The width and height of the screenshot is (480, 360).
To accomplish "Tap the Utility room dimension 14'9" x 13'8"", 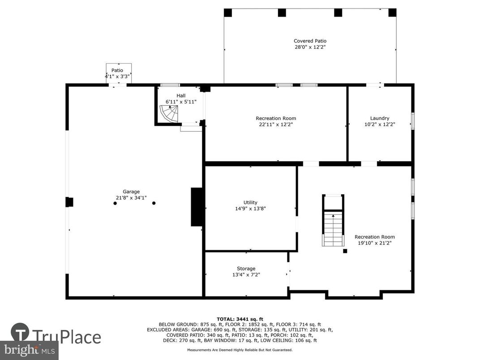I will pos(250,208).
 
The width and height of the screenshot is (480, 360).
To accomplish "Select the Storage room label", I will pos(246,269).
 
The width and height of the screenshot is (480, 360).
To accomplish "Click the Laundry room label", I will pos(380,118).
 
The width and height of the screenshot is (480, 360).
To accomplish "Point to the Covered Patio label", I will pos(310,41).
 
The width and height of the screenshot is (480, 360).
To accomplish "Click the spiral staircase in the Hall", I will pos(169,114).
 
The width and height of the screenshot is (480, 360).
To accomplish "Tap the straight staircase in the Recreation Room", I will pos(334,228).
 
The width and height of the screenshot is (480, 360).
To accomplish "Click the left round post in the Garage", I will pos(115,203).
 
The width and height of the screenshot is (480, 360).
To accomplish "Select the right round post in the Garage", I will pos(154,203).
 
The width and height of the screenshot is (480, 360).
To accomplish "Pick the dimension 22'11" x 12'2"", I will pos(276,124).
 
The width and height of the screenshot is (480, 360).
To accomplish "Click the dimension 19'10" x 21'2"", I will pos(375,243).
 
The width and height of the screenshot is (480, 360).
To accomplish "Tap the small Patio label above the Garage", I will pos(117,70).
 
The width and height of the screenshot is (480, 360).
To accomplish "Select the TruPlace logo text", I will pos(67,336).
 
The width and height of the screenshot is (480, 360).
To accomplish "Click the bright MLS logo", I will pos(29,348).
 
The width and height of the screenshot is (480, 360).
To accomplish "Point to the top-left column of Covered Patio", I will pos(228,13).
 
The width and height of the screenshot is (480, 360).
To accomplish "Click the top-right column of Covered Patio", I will pos(392,13).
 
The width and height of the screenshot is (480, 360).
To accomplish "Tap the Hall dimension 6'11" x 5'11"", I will pos(181,102).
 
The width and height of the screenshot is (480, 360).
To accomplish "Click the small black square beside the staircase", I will pos(345,251).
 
